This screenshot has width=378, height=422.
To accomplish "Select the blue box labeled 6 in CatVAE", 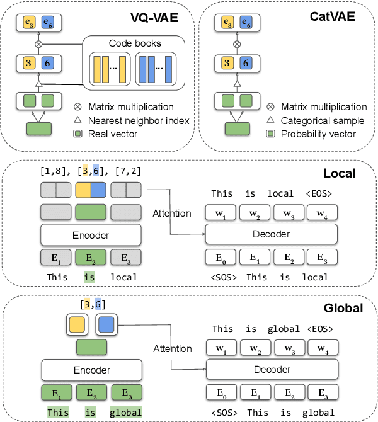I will [248, 64].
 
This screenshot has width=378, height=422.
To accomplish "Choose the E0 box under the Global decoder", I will [221, 393].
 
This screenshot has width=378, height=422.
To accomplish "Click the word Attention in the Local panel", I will [172, 213].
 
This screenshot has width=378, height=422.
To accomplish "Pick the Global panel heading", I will [344, 308].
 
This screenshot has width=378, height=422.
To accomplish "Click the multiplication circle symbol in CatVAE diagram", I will [237, 44].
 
